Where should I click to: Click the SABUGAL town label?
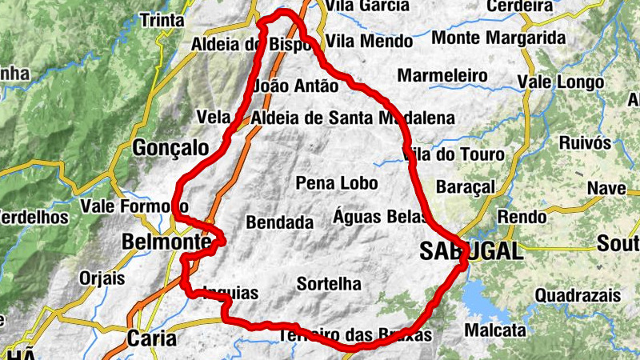[x=471, y=251]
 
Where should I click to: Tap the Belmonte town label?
[x=166, y=242]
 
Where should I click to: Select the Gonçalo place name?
[x=170, y=148]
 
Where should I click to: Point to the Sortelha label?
[x=328, y=284]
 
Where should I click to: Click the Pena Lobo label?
[x=337, y=183]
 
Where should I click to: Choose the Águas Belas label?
[x=376, y=216]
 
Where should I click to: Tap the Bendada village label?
[x=279, y=223]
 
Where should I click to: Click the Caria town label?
[x=151, y=338]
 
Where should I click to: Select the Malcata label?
[x=495, y=330]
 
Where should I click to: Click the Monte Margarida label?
[x=498, y=38]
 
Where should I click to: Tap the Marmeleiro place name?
[x=442, y=75]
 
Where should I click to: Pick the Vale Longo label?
[x=556, y=82]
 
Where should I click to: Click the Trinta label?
[x=162, y=21]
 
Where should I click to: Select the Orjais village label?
[x=102, y=278]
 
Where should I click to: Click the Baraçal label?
[x=466, y=186]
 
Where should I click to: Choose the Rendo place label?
[x=520, y=217]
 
